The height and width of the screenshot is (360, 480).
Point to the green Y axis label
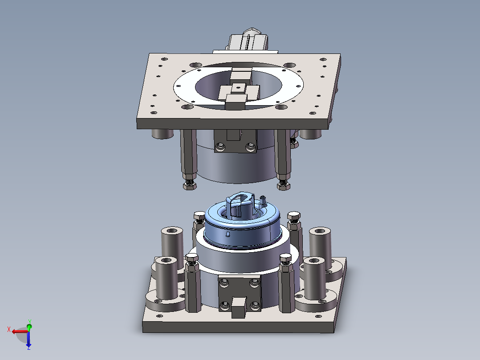tap(30, 322)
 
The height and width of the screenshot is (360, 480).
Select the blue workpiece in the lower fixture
tap(242, 224)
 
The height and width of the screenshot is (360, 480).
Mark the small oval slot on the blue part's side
tap(228, 234)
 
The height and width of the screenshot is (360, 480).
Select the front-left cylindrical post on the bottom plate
tap(167, 277)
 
